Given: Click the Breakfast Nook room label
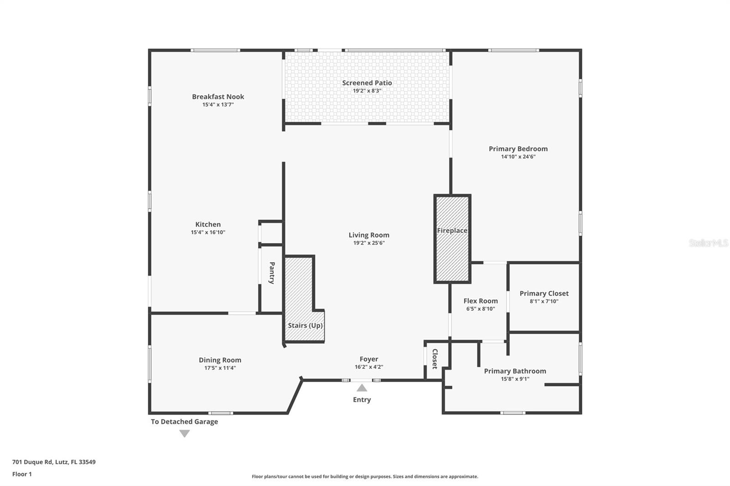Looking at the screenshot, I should [218, 97].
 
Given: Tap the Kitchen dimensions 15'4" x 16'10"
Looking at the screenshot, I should [208, 233].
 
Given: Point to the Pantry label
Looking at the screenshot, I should [272, 273].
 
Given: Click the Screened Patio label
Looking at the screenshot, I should [367, 83].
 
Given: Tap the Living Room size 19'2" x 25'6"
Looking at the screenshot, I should [369, 243].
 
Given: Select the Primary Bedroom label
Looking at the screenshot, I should [518, 149].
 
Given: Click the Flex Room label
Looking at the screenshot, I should [480, 301].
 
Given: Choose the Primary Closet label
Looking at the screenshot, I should [544, 294].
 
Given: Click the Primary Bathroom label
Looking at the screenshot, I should [515, 371].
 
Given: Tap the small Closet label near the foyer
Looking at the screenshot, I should [435, 359].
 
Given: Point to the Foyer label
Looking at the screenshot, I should [369, 359].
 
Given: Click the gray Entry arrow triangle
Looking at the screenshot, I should [362, 388].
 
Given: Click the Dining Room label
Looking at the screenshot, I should [220, 360].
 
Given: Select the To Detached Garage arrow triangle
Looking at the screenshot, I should [184, 434].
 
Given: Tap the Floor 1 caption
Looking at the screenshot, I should [22, 474].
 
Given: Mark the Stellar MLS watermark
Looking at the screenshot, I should [708, 243].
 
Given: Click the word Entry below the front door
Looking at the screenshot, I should [362, 400].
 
